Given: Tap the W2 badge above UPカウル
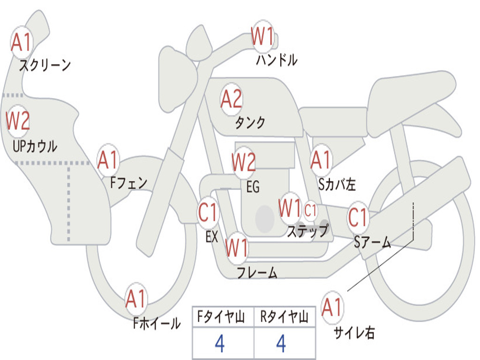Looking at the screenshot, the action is tap(18, 121).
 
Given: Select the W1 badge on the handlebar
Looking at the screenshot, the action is tap(262, 36).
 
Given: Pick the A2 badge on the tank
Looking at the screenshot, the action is tap(232, 99).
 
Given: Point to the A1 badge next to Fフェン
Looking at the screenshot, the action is tap(108, 160).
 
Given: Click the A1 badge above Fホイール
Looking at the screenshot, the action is tap(136, 299).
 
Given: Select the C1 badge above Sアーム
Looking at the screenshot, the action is tap(359, 217).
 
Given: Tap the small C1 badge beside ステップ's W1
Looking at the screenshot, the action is tap(311, 210).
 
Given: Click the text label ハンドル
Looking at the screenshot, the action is tap(277, 60).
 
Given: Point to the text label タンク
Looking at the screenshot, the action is tap(250, 123).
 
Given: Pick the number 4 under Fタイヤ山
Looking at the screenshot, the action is tap(219, 344).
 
